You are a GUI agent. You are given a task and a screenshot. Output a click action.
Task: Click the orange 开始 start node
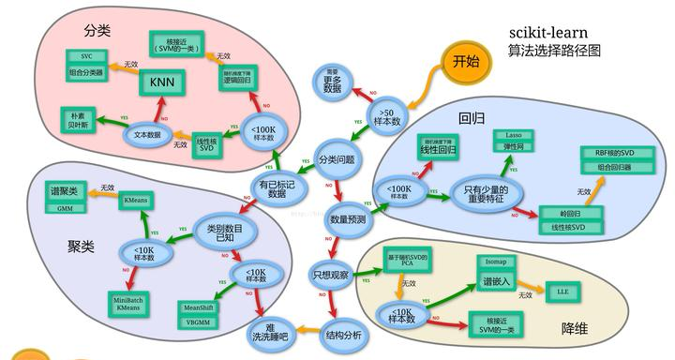tap(465, 62)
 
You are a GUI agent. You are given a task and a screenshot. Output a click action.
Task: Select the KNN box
tap(165, 83)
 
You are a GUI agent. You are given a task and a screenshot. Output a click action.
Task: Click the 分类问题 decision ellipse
tap(337, 159)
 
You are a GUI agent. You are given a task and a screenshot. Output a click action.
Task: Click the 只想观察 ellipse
tap(332, 275)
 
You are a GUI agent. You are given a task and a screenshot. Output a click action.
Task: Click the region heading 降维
tap(575, 329)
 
